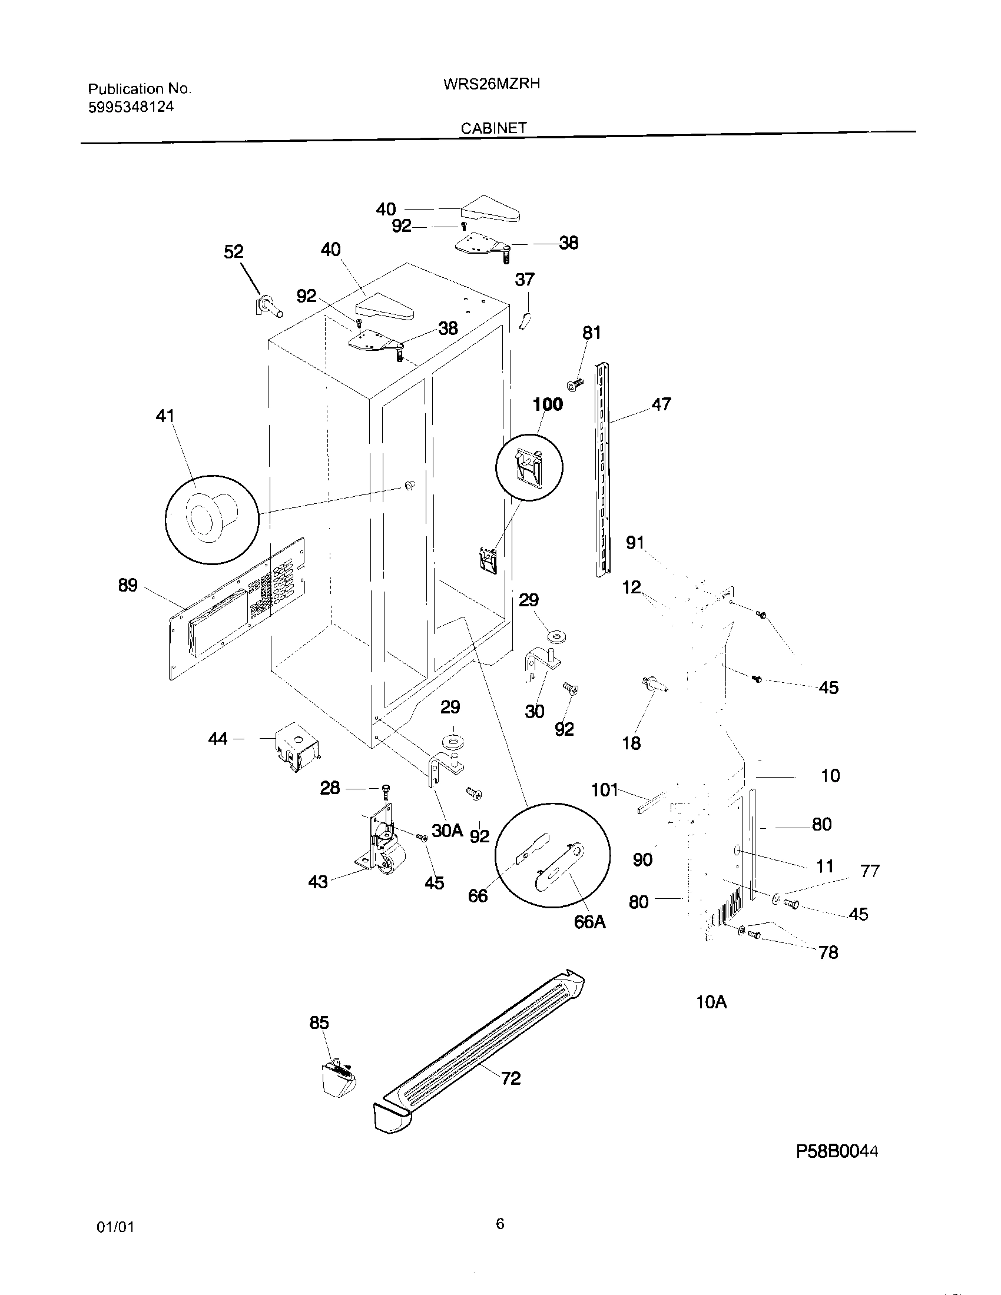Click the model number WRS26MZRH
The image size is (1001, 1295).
(491, 84)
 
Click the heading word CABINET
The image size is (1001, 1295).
(493, 128)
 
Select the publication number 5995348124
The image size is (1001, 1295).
(131, 107)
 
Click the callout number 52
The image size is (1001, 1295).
(233, 252)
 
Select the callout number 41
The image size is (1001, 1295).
(165, 416)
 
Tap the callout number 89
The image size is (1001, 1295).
(128, 585)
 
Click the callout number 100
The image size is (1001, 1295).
(548, 404)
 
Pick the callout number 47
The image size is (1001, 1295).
(661, 404)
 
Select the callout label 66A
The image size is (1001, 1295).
(590, 922)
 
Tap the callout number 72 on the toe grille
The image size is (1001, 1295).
(511, 1078)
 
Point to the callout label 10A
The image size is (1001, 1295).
(711, 1002)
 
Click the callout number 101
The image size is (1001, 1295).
(604, 790)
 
